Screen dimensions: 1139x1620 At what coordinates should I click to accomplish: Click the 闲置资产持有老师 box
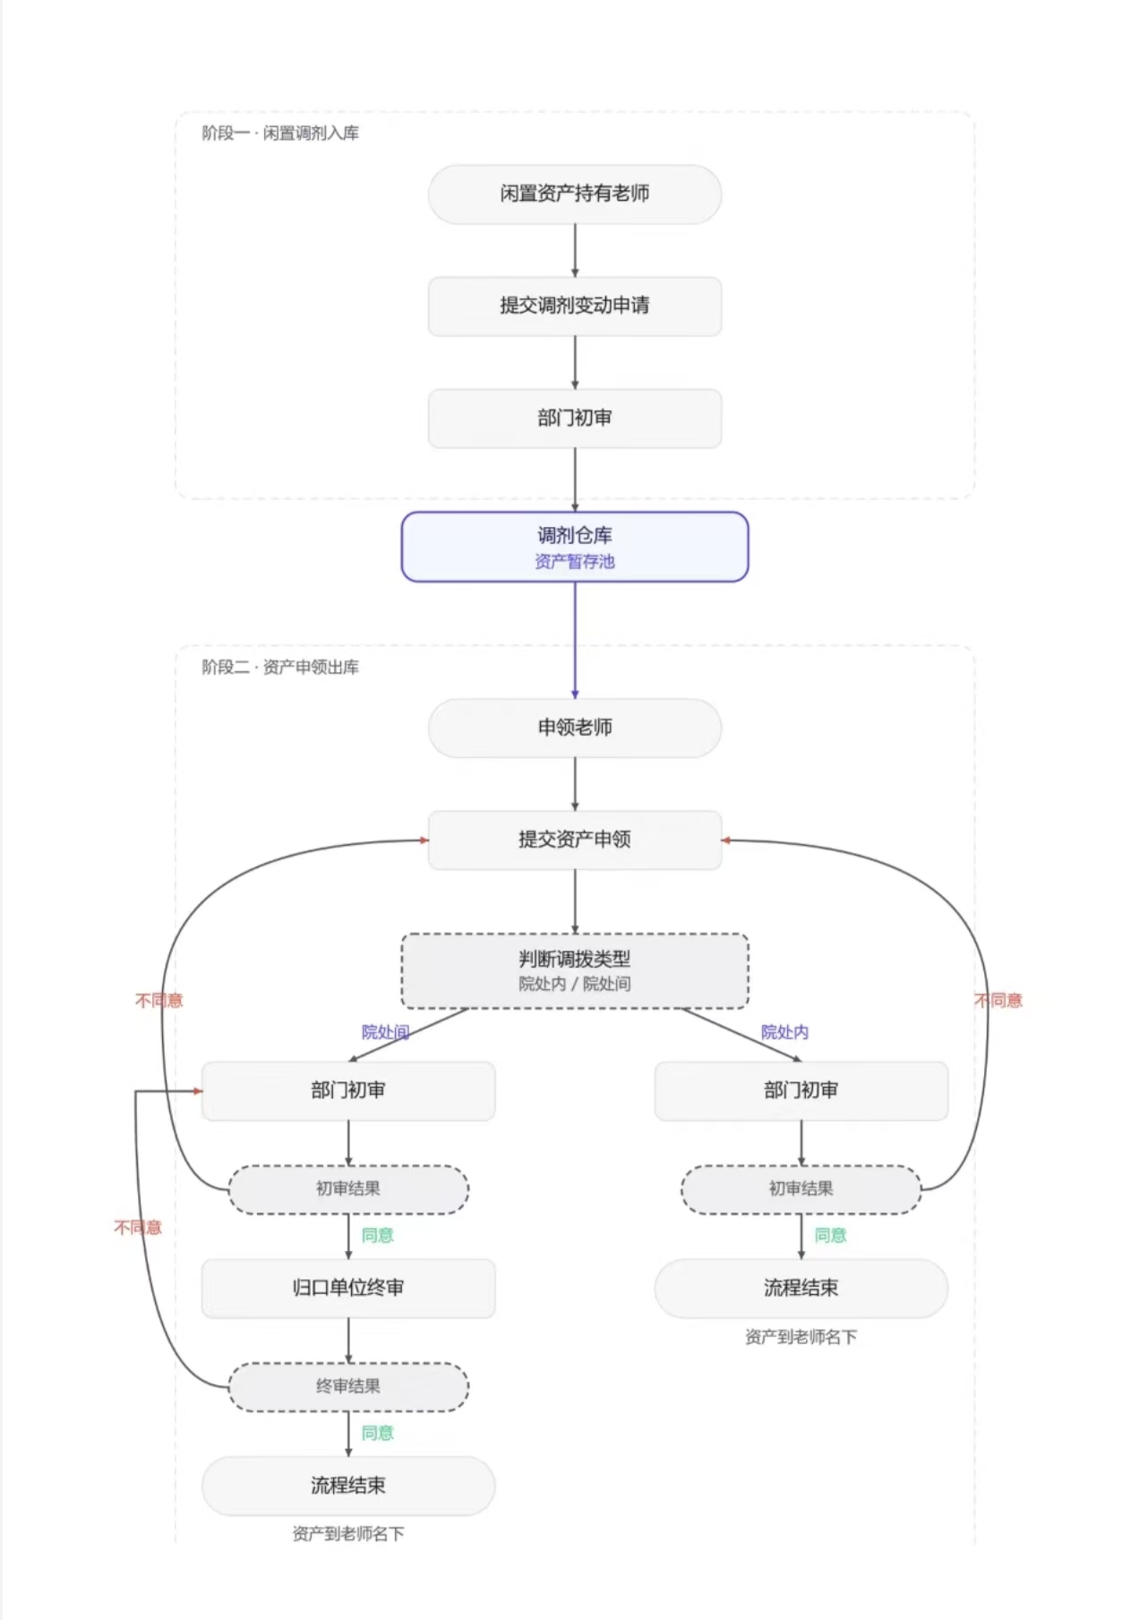(x=575, y=194)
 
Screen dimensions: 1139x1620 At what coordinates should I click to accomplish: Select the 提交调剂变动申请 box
(x=575, y=306)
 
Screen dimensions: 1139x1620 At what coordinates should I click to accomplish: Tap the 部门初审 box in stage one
(x=575, y=418)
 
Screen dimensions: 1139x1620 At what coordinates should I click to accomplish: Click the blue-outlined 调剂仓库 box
(x=575, y=547)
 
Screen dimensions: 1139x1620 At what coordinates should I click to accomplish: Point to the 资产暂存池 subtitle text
(x=575, y=562)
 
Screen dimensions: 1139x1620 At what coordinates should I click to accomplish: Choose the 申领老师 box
(x=575, y=728)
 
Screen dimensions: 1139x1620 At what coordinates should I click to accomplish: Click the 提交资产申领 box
(x=575, y=840)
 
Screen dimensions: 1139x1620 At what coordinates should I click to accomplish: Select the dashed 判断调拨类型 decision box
(x=575, y=971)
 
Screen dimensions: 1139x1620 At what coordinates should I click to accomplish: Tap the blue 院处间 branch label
(x=385, y=1032)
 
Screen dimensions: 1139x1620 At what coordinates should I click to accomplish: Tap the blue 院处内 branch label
(x=784, y=1032)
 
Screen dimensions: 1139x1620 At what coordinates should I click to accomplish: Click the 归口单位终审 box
(x=348, y=1288)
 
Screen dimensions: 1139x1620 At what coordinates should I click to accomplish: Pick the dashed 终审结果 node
(x=348, y=1387)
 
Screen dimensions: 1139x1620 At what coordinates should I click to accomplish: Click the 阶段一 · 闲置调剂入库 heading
(x=280, y=134)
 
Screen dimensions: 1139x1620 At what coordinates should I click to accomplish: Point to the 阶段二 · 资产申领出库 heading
(x=280, y=668)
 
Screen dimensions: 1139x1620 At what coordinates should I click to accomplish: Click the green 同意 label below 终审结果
(x=377, y=1434)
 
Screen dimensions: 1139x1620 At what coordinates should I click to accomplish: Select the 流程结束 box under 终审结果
(x=348, y=1486)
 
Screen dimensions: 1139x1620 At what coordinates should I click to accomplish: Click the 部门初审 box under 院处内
(x=801, y=1090)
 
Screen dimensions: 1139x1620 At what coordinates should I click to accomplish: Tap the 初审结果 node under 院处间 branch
(x=348, y=1190)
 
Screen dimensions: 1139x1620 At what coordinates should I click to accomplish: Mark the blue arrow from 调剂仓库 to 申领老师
(x=575, y=641)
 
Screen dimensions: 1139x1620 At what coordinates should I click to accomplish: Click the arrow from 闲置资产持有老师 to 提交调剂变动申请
(x=575, y=250)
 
